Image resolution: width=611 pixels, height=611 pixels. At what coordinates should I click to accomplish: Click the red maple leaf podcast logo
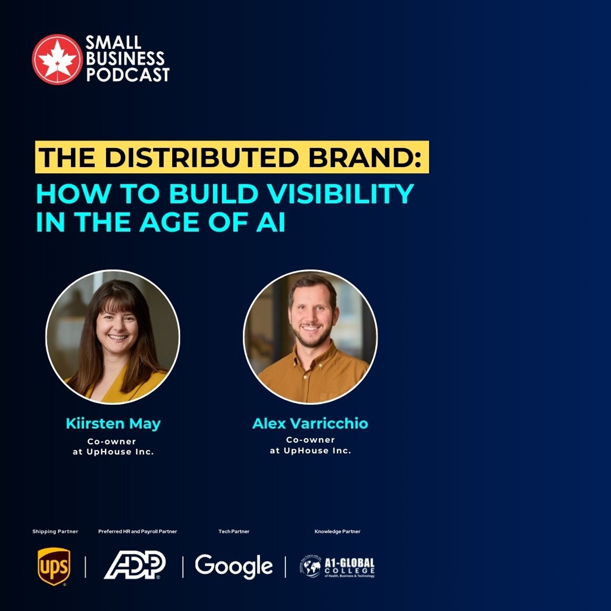coord(57,59)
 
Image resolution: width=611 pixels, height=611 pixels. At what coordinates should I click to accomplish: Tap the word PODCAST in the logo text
coord(127,75)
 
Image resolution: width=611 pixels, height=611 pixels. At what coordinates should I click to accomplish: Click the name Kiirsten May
coord(113,423)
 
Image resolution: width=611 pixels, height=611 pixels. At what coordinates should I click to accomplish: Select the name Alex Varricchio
coord(310,423)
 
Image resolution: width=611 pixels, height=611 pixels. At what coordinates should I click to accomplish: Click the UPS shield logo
coord(54,566)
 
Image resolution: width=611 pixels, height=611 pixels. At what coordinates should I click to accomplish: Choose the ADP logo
coord(134,565)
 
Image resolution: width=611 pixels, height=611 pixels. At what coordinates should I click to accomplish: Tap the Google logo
coord(233,566)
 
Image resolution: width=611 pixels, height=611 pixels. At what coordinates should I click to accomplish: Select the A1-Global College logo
coord(337,567)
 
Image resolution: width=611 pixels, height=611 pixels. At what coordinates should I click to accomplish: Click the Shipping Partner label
coord(55,532)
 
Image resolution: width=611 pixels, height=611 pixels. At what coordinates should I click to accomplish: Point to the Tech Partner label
coord(234,532)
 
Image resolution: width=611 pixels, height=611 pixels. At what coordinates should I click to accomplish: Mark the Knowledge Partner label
coord(337,532)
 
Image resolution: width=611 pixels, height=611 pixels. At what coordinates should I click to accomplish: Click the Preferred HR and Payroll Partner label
coord(137,532)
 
